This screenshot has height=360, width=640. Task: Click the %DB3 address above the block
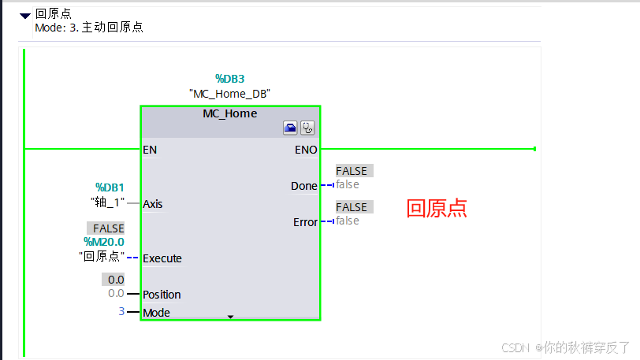tap(230, 79)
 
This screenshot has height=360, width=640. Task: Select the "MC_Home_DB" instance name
tap(230, 94)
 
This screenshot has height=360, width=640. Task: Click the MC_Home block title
tap(229, 113)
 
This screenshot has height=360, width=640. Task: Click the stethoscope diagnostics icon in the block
tap(307, 128)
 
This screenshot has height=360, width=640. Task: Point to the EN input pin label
tap(150, 149)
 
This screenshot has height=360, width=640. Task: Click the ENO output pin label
tap(306, 149)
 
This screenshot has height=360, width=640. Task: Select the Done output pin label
tap(303, 186)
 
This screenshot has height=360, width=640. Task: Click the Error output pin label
tap(305, 222)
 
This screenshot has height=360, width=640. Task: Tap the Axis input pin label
tap(153, 204)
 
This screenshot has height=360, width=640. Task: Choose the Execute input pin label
tap(162, 258)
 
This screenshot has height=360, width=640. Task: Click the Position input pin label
tap(162, 295)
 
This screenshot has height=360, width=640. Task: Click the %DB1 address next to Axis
tap(110, 187)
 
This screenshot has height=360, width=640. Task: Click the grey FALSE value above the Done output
tap(352, 171)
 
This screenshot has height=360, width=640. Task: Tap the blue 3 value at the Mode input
tap(121, 312)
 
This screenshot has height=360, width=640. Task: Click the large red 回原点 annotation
tap(437, 208)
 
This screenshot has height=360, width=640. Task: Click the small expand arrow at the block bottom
tap(230, 317)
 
